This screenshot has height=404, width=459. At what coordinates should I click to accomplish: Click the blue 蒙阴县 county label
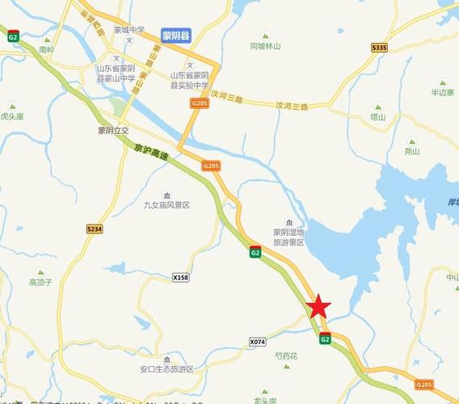(175, 36)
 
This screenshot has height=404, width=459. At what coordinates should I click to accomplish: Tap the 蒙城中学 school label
(128, 30)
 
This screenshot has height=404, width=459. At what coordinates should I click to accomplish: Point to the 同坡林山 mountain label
(265, 46)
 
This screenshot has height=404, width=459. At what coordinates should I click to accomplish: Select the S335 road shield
(380, 48)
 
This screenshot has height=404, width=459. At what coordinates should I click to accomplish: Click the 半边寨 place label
(443, 92)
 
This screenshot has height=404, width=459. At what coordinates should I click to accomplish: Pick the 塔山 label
(377, 116)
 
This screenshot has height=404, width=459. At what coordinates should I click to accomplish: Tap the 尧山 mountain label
(412, 151)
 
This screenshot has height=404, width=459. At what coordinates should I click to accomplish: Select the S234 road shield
(95, 229)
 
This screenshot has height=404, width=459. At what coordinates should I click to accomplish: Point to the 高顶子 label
(40, 282)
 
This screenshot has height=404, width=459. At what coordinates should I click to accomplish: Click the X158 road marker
(181, 277)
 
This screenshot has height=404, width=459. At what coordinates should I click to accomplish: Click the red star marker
(319, 306)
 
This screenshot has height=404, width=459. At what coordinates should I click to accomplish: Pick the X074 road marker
(257, 342)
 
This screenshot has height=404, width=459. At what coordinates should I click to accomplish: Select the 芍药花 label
(286, 356)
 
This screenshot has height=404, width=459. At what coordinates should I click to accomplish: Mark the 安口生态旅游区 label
(166, 369)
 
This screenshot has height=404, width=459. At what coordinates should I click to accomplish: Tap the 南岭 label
(46, 49)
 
